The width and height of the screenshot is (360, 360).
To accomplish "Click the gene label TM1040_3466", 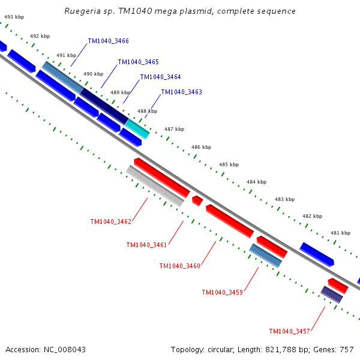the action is click(109, 41).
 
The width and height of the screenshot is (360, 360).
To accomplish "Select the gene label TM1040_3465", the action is click(139, 62).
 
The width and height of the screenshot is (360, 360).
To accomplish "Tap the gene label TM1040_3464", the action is click(160, 77).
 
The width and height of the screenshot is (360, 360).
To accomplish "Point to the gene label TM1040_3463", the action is click(182, 92).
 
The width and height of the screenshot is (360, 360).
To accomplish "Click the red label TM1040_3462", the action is click(111, 221).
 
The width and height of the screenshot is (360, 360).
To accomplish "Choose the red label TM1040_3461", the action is click(146, 245).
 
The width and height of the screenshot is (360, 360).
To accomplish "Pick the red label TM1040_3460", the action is click(180, 266).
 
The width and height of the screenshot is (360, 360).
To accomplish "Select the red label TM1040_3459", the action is click(223, 292).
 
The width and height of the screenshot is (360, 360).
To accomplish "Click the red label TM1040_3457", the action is click(290, 331).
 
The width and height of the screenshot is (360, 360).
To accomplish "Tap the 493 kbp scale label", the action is click(14, 17).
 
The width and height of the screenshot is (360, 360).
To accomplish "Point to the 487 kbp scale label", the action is click(174, 129).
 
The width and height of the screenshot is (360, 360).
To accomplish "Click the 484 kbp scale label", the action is click(256, 182).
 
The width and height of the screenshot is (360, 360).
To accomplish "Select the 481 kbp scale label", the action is click(340, 233).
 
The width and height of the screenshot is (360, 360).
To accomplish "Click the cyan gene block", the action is click(137, 129).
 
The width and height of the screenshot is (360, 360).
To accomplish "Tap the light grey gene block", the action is click(155, 186).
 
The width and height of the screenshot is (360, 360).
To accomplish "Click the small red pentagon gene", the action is click(197, 201).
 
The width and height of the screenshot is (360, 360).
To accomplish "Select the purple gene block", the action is click(332, 295).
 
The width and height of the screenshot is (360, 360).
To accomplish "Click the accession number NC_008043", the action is click(65, 350).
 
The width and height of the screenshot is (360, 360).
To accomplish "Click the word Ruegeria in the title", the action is click(82, 11).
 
